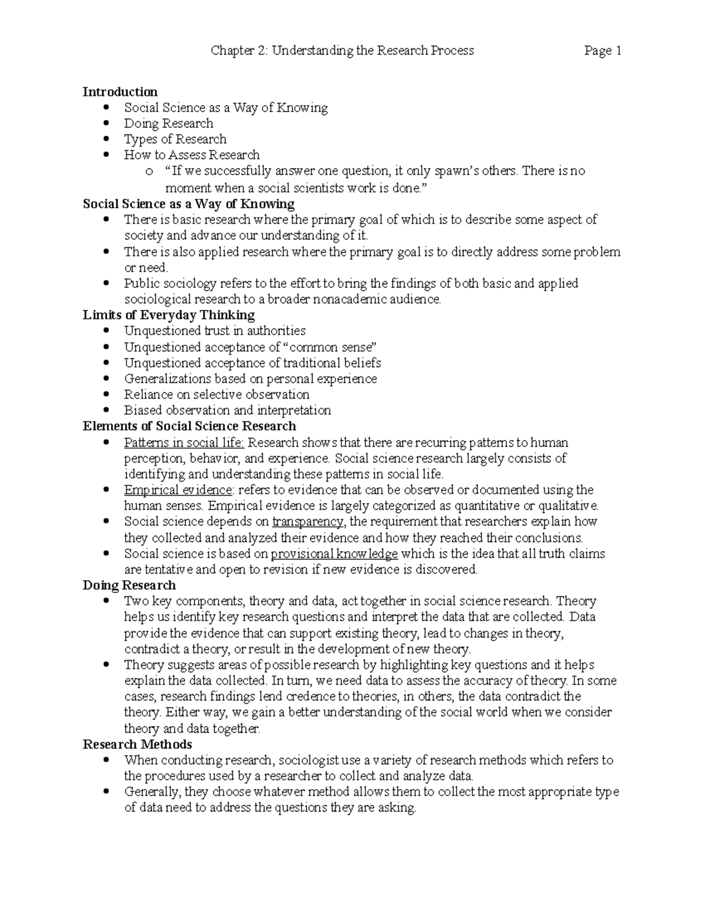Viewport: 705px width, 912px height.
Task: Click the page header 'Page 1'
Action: point(603,51)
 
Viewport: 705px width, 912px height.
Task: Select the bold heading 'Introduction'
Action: point(120,92)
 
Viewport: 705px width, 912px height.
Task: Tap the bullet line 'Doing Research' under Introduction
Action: point(168,123)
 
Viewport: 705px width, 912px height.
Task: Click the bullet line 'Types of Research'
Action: point(174,139)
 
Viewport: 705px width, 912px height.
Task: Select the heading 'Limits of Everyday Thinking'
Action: point(169,315)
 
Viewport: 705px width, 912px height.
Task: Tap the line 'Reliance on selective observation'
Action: point(216,395)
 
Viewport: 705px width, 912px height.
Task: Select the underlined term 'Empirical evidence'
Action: point(178,490)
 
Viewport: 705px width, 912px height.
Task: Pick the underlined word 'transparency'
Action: point(308,521)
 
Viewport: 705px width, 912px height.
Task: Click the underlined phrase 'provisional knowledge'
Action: point(334,554)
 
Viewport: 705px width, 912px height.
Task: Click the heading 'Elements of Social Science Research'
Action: point(189,426)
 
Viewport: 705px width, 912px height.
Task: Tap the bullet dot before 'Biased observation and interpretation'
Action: point(106,410)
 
